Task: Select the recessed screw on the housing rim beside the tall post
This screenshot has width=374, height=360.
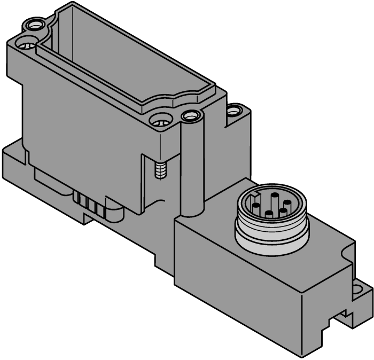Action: click(159, 122)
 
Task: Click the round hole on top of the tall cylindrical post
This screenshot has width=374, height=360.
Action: click(190, 115)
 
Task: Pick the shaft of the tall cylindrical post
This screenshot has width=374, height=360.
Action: click(191, 166)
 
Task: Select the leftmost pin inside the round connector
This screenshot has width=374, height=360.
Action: click(257, 208)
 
